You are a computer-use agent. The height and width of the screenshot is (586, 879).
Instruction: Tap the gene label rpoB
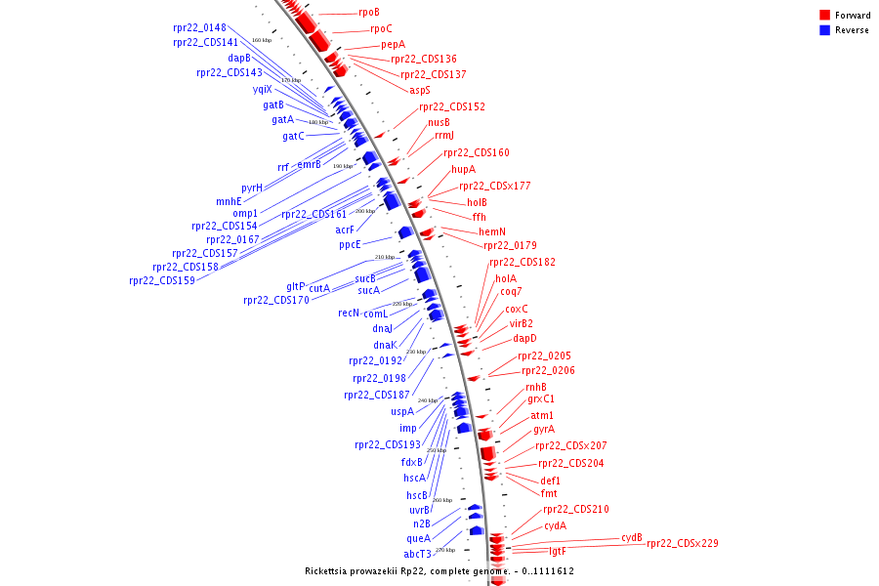point(368,13)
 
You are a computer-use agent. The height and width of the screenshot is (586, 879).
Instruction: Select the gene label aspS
point(420,90)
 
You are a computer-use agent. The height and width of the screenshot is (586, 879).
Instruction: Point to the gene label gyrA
point(544,430)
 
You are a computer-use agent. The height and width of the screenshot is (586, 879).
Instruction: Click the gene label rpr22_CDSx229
point(683,543)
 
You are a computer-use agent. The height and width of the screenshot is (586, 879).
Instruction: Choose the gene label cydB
point(632,538)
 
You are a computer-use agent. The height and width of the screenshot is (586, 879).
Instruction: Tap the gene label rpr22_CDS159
point(162,281)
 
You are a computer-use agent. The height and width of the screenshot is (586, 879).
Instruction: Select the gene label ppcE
point(350,245)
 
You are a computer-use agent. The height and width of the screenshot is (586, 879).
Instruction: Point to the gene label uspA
point(402,411)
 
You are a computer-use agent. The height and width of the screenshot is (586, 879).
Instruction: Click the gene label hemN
point(492,231)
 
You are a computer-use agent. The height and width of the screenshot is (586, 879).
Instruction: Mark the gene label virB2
point(521,323)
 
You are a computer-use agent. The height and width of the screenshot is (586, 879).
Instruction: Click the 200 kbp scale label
point(364,211)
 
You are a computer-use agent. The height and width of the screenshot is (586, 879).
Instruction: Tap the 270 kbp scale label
point(445,550)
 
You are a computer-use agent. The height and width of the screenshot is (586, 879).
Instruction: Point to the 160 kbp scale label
point(262,40)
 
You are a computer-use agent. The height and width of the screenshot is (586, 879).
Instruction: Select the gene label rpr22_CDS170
point(276,301)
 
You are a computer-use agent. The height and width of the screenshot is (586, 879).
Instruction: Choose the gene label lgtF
point(557,551)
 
